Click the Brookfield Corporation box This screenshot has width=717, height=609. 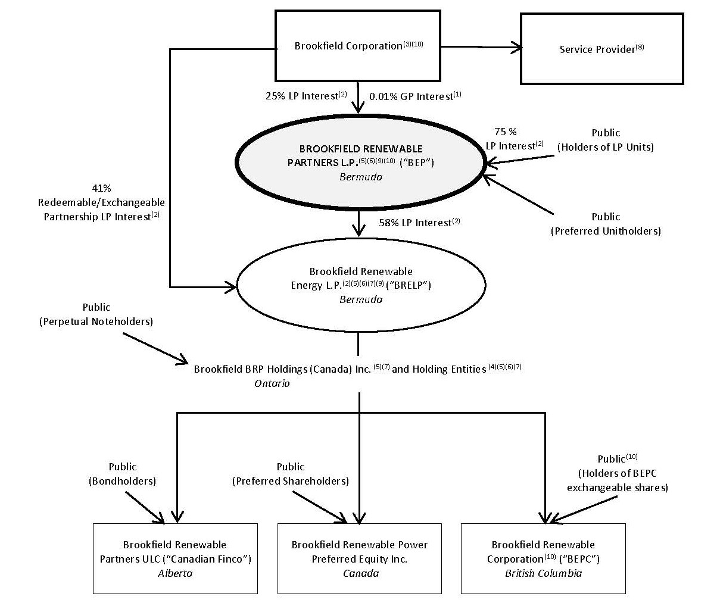357,45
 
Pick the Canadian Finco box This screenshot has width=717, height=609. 175,558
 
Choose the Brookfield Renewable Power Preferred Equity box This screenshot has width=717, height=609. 360,558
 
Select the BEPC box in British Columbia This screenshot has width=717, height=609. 543,558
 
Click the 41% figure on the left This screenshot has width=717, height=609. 101,188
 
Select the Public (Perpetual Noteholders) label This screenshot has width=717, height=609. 96,314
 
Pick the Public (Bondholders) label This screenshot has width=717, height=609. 122,474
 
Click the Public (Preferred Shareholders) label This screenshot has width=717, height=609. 290,474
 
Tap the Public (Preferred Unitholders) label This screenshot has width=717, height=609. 606,224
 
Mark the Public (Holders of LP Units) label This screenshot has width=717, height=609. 606,140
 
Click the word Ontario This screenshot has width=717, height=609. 272,383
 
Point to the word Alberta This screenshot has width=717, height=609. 175,573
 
